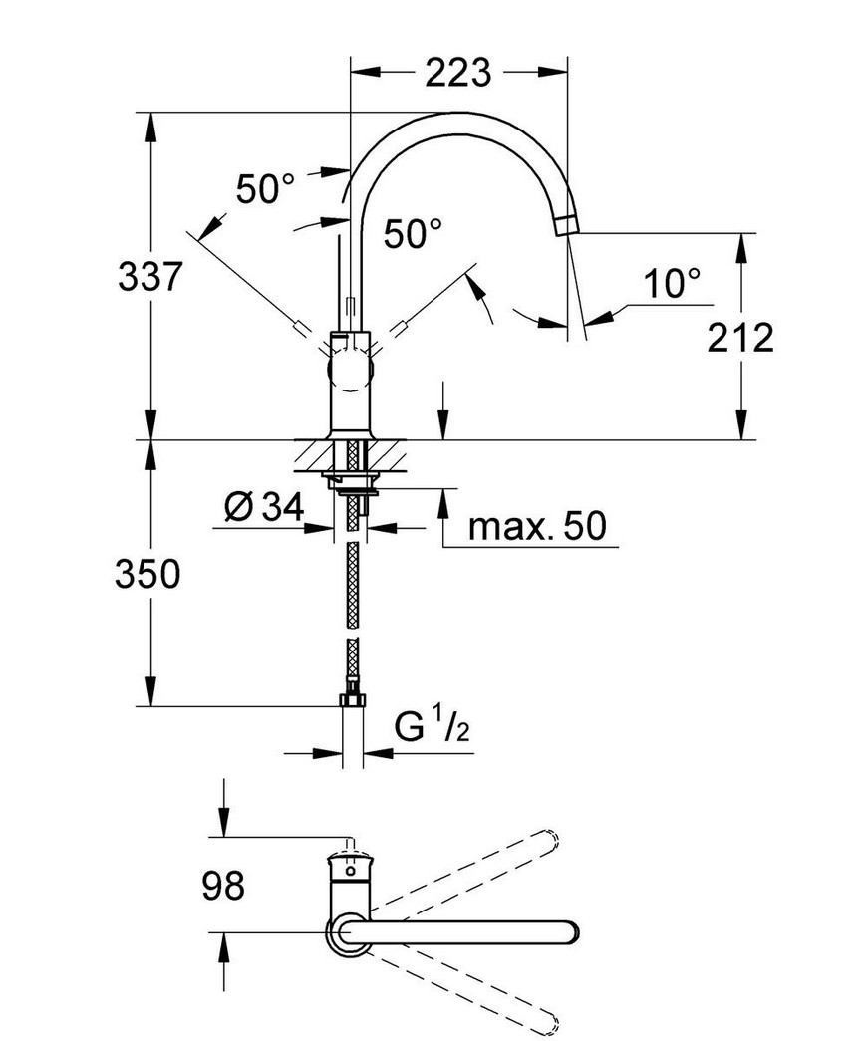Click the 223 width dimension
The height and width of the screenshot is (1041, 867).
point(457,73)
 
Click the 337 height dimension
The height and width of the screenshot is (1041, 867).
point(150,276)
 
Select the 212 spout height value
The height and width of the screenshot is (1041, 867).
point(740,338)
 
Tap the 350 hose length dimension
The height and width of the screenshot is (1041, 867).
point(147,574)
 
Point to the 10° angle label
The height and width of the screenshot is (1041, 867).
point(672,284)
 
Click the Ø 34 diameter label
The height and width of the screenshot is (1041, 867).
point(264,507)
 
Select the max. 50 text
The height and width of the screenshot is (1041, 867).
point(537,526)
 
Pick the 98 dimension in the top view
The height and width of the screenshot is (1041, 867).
point(223,885)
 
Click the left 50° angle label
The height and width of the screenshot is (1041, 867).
point(265,189)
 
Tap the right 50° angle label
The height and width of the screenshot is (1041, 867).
point(413,234)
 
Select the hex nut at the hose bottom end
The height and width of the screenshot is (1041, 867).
point(353,701)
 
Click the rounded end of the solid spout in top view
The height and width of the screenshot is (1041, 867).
point(570,932)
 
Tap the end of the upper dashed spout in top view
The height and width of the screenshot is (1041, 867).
point(551,839)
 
